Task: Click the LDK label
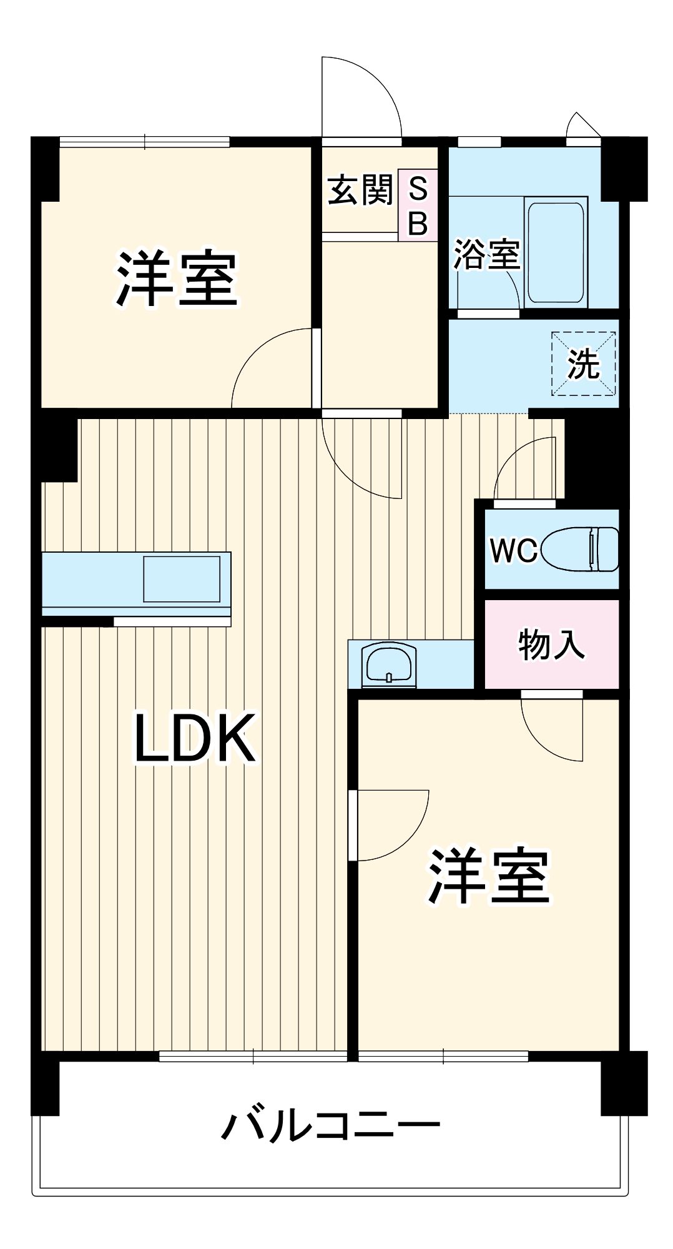[195, 738]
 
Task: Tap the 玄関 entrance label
[360, 190]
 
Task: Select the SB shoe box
[418, 205]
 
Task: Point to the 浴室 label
[486, 254]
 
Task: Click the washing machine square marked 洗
[583, 363]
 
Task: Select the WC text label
[513, 550]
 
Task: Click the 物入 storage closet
[552, 644]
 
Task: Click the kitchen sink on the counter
[182, 579]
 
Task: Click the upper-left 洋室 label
[177, 279]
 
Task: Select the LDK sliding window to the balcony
[253, 1057]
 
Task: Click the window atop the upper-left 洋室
[145, 142]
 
